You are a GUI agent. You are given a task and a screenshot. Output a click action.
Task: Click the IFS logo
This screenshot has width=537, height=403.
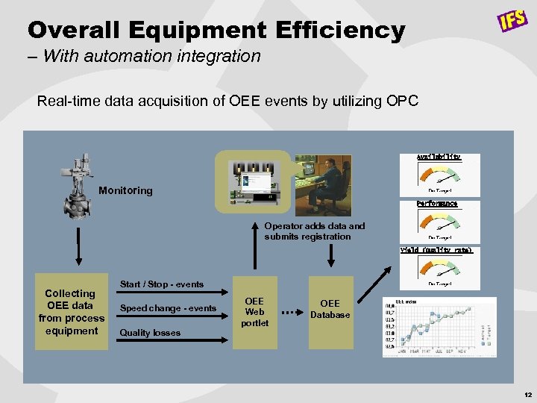[x=513, y=20]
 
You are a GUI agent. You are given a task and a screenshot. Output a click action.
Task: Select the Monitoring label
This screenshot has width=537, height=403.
[x=125, y=190]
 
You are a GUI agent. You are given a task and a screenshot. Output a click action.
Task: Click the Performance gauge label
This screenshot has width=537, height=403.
[x=437, y=203]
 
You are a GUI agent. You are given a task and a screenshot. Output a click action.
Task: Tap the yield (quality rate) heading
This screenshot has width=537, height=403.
[x=437, y=250]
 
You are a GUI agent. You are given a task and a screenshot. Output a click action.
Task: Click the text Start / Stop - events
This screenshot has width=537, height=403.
[x=162, y=284]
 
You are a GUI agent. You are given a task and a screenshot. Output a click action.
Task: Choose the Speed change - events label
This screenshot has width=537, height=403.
[x=168, y=308]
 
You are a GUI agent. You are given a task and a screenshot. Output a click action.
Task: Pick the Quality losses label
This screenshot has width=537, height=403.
[x=150, y=333]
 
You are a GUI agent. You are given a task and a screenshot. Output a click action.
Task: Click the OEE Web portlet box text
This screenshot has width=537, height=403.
[x=254, y=312]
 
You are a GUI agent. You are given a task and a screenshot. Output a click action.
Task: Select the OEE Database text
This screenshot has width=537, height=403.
[x=330, y=309]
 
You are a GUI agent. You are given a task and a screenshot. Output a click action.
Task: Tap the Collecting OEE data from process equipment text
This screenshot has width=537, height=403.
[x=71, y=312]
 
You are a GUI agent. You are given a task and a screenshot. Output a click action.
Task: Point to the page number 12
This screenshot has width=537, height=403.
[x=527, y=393]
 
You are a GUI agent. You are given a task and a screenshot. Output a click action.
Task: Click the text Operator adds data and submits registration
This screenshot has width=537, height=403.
[x=315, y=231]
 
